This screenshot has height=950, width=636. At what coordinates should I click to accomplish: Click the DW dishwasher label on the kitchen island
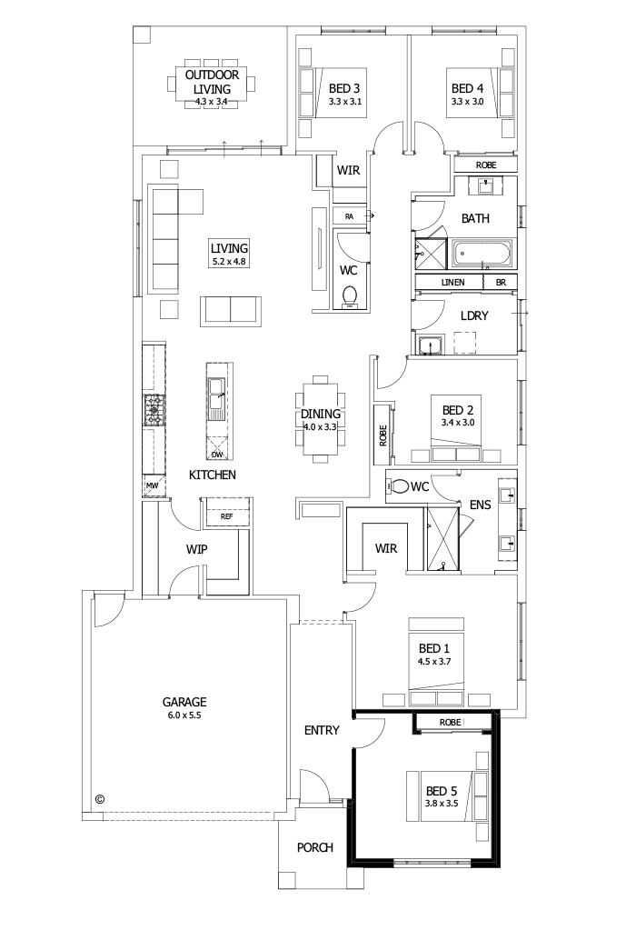[216, 455]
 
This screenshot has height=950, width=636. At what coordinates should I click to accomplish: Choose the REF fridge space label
[226, 516]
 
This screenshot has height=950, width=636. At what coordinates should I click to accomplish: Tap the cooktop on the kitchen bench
[154, 410]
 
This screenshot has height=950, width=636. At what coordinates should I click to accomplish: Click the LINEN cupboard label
[453, 283]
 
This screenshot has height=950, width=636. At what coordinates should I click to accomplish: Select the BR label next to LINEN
[500, 283]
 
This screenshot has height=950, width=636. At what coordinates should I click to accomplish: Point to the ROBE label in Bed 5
[450, 722]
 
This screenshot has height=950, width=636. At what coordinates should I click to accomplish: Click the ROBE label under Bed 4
[486, 165]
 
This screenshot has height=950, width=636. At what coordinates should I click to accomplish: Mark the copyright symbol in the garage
[100, 799]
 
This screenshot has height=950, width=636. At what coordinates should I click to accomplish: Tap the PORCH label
[314, 847]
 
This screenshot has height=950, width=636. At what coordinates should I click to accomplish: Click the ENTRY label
[322, 730]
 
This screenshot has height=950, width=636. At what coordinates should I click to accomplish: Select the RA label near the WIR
[349, 216]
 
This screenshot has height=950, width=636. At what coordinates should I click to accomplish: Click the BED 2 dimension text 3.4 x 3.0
[459, 423]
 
